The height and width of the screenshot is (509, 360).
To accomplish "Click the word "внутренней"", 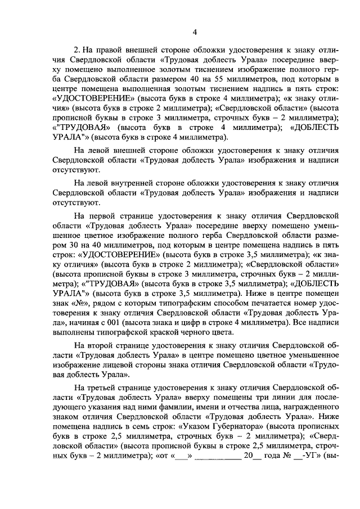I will [126, 183].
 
